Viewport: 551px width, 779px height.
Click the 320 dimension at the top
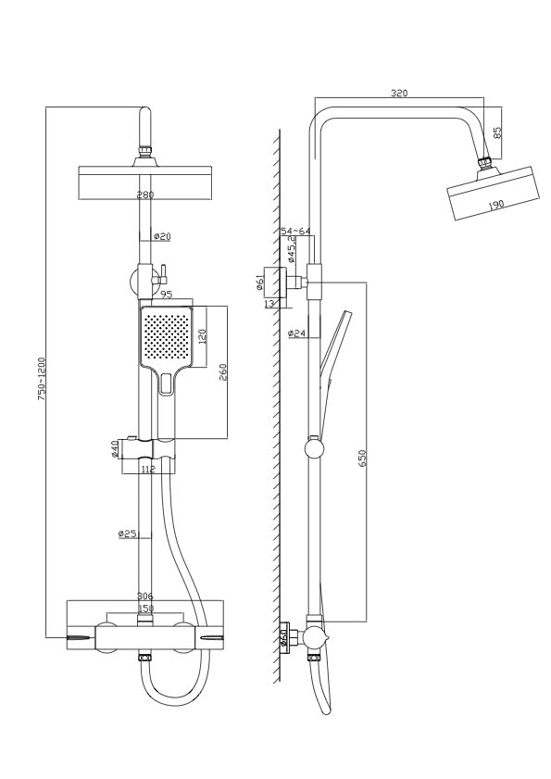(399, 93)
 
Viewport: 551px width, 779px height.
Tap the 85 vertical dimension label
(497, 132)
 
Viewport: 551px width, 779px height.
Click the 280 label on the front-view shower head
(145, 195)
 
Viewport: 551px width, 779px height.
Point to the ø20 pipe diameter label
(161, 237)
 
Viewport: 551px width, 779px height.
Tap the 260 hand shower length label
(223, 371)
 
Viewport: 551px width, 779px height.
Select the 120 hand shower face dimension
(201, 335)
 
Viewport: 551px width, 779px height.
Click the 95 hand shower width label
(167, 295)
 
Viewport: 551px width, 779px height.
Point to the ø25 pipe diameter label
(127, 534)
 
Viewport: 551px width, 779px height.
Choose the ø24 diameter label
(297, 333)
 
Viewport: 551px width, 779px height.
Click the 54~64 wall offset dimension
(296, 231)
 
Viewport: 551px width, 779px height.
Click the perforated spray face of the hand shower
(165, 335)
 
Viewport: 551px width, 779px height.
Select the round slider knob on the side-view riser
(316, 449)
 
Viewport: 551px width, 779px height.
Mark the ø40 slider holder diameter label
(115, 450)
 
